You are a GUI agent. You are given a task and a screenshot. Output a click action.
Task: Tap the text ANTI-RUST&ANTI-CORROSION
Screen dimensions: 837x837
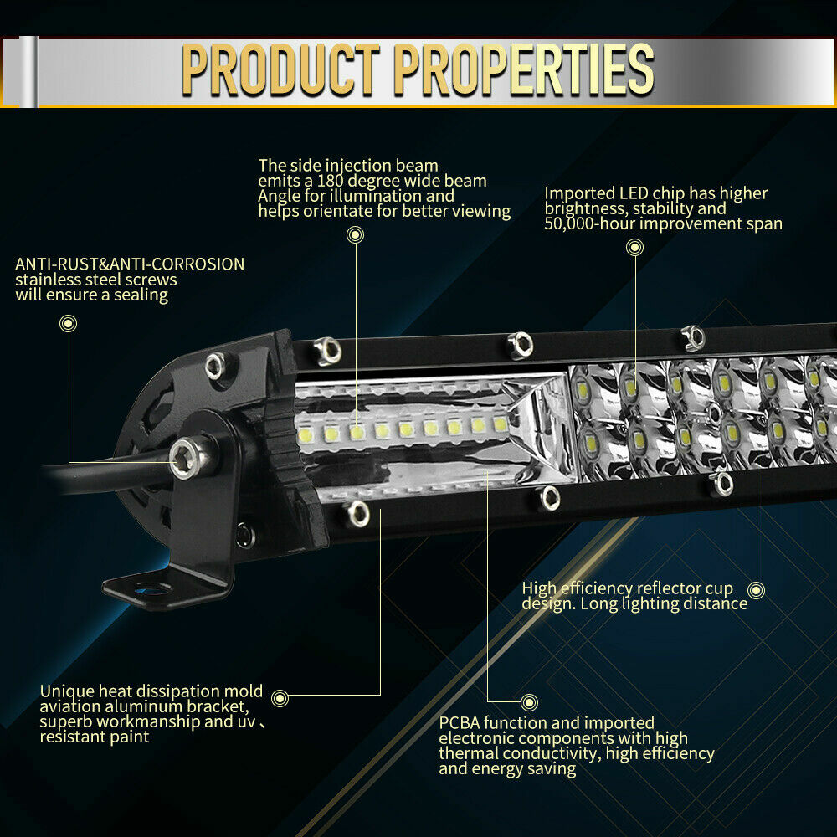130,264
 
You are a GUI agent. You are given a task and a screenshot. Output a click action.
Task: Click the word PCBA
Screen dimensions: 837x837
462,723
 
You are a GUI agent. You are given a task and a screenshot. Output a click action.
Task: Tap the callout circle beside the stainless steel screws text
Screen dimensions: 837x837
69,322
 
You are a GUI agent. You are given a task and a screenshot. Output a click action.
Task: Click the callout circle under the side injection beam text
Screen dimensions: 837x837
356,235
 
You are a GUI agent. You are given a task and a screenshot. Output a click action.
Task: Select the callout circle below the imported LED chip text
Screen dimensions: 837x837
635,247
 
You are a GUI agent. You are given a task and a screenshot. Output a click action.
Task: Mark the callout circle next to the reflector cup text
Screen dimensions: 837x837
757,590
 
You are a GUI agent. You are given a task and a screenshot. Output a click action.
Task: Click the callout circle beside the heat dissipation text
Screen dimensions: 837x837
280,696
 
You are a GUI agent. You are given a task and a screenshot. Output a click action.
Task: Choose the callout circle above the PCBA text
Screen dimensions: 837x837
528,701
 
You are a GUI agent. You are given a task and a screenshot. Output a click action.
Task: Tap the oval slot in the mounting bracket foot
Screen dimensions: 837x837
151,590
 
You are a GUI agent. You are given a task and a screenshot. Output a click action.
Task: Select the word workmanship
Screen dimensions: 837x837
151,722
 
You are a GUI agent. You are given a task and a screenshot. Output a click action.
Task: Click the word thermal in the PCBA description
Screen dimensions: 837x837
470,753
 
